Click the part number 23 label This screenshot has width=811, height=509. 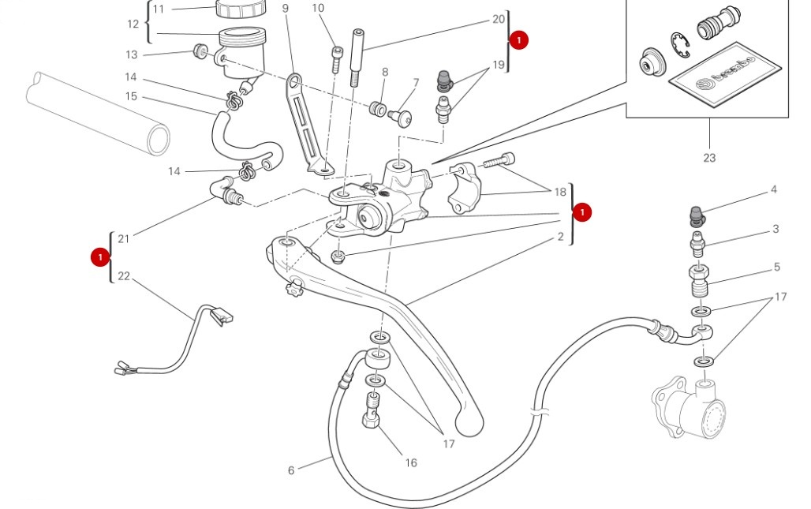(x=709, y=158)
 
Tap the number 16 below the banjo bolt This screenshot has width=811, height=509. (x=411, y=463)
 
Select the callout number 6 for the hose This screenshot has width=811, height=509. (x=291, y=470)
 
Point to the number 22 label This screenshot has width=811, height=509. (x=123, y=275)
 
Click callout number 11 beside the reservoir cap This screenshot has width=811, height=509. (x=159, y=9)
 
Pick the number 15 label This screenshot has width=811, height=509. (x=131, y=96)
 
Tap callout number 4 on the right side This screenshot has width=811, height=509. (x=774, y=189)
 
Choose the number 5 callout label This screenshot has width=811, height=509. (x=777, y=268)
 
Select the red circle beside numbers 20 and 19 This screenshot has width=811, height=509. (x=519, y=40)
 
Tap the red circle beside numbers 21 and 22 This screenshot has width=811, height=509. (x=100, y=256)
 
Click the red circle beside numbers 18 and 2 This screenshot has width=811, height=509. (x=582, y=212)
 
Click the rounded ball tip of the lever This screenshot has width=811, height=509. (x=469, y=424)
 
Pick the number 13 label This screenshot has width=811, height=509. (x=131, y=54)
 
